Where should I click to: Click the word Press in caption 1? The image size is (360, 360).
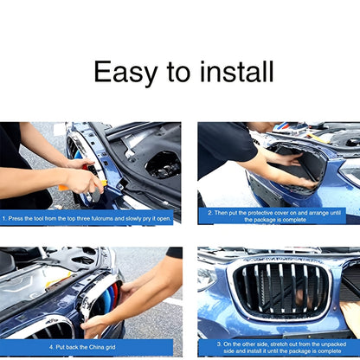(x=17, y=219)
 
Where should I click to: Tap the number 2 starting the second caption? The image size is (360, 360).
(x=209, y=211)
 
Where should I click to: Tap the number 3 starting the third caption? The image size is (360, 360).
(x=219, y=344)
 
